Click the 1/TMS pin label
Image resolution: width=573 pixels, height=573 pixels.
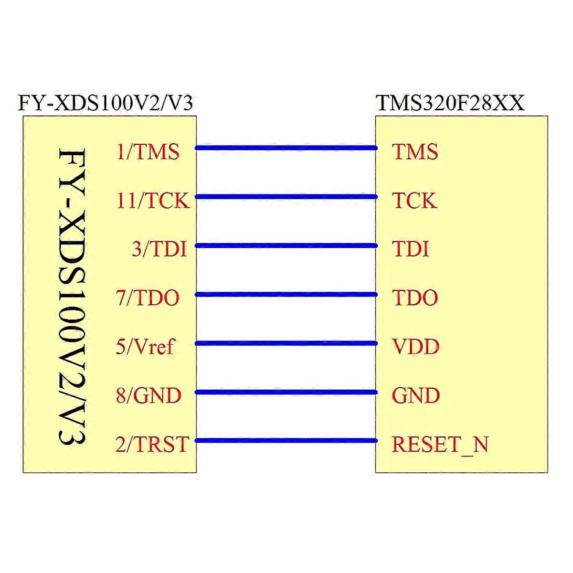[x=148, y=152]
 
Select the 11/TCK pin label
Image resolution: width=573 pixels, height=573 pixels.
[x=153, y=201]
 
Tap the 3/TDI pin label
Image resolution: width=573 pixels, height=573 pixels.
[x=159, y=249]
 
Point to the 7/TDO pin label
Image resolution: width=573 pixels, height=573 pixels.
[x=148, y=297]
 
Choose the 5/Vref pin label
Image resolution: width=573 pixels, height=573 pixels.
[x=145, y=346]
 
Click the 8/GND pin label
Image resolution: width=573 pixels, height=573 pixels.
[x=149, y=395]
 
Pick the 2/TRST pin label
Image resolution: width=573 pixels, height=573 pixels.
[x=152, y=444]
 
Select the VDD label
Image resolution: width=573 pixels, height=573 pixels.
[x=416, y=347]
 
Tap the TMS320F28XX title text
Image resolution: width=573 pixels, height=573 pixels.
[x=450, y=103]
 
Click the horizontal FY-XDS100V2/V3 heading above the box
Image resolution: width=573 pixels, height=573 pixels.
[x=106, y=103]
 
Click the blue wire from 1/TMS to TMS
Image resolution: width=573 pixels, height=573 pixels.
[x=286, y=148]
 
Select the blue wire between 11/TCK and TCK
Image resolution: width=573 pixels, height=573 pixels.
[x=286, y=197]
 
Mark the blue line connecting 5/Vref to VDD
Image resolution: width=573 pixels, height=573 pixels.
[x=286, y=343]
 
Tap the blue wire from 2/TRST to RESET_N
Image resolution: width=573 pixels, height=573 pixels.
[x=286, y=441]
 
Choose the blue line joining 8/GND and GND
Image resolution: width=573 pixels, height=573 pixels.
[x=286, y=392]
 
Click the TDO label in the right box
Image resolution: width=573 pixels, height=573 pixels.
[x=415, y=297]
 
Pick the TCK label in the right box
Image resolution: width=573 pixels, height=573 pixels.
[x=414, y=201]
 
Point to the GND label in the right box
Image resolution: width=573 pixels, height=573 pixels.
[x=416, y=395]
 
